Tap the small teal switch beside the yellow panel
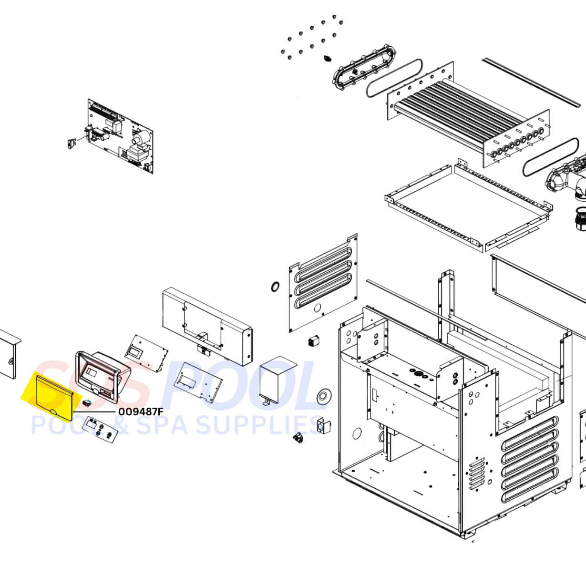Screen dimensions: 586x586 [87, 403]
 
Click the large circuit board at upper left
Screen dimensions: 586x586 [120, 136]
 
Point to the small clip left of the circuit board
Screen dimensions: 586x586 [71, 143]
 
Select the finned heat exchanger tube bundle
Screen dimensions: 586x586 [468, 121]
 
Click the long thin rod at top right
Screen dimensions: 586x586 [534, 82]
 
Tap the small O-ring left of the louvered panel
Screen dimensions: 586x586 [275, 286]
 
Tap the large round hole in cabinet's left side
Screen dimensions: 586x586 [357, 434]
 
